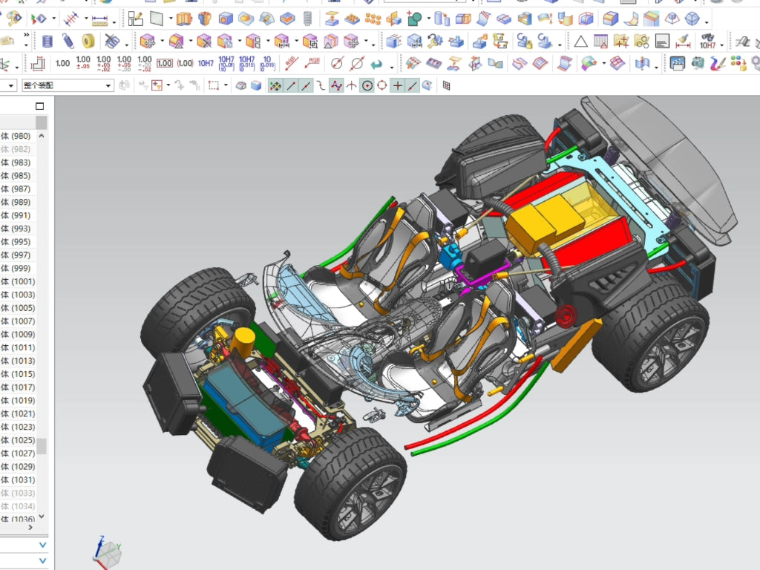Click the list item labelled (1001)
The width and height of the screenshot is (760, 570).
[x=20, y=281]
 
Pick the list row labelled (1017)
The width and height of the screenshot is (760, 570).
[x=20, y=387]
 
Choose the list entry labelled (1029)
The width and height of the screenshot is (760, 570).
[x=20, y=467]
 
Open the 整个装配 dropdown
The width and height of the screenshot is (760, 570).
[x=67, y=85]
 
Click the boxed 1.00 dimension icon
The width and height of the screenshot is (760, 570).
[x=164, y=64]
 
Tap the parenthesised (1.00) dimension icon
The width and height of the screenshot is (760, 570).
[x=185, y=64]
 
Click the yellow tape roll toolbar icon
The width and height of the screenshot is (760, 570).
[x=88, y=41]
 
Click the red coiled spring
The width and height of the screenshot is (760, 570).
[x=566, y=316]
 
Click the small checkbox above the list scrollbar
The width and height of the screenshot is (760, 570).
[x=40, y=106]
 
